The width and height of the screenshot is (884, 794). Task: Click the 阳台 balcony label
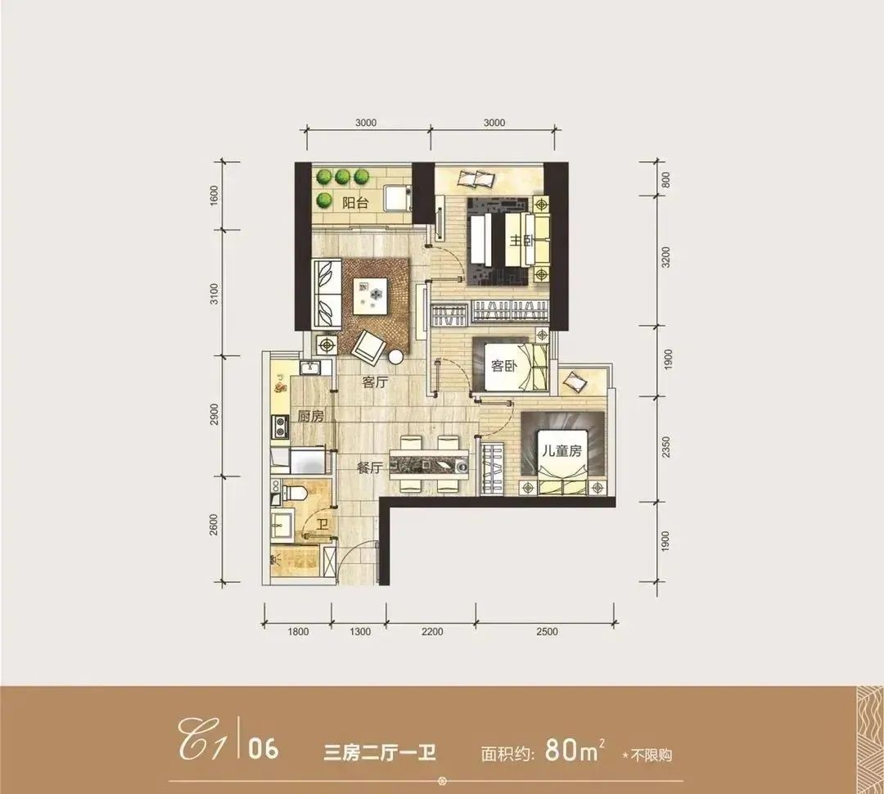[355, 202]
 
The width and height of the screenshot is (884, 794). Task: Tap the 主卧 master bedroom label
[521, 241]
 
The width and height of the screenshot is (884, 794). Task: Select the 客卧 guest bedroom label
[504, 366]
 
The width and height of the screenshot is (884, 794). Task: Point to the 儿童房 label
[562, 451]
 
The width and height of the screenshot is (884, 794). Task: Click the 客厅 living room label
[376, 382]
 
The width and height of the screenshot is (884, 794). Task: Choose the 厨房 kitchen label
[311, 417]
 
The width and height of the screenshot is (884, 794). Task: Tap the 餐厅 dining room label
[370, 467]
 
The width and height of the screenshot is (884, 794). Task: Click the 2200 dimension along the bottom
[432, 632]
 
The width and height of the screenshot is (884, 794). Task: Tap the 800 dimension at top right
[665, 179]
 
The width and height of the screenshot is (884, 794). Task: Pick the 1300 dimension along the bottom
[359, 632]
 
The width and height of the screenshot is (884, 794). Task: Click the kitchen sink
[310, 368]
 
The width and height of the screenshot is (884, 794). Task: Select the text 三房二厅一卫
[380, 753]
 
